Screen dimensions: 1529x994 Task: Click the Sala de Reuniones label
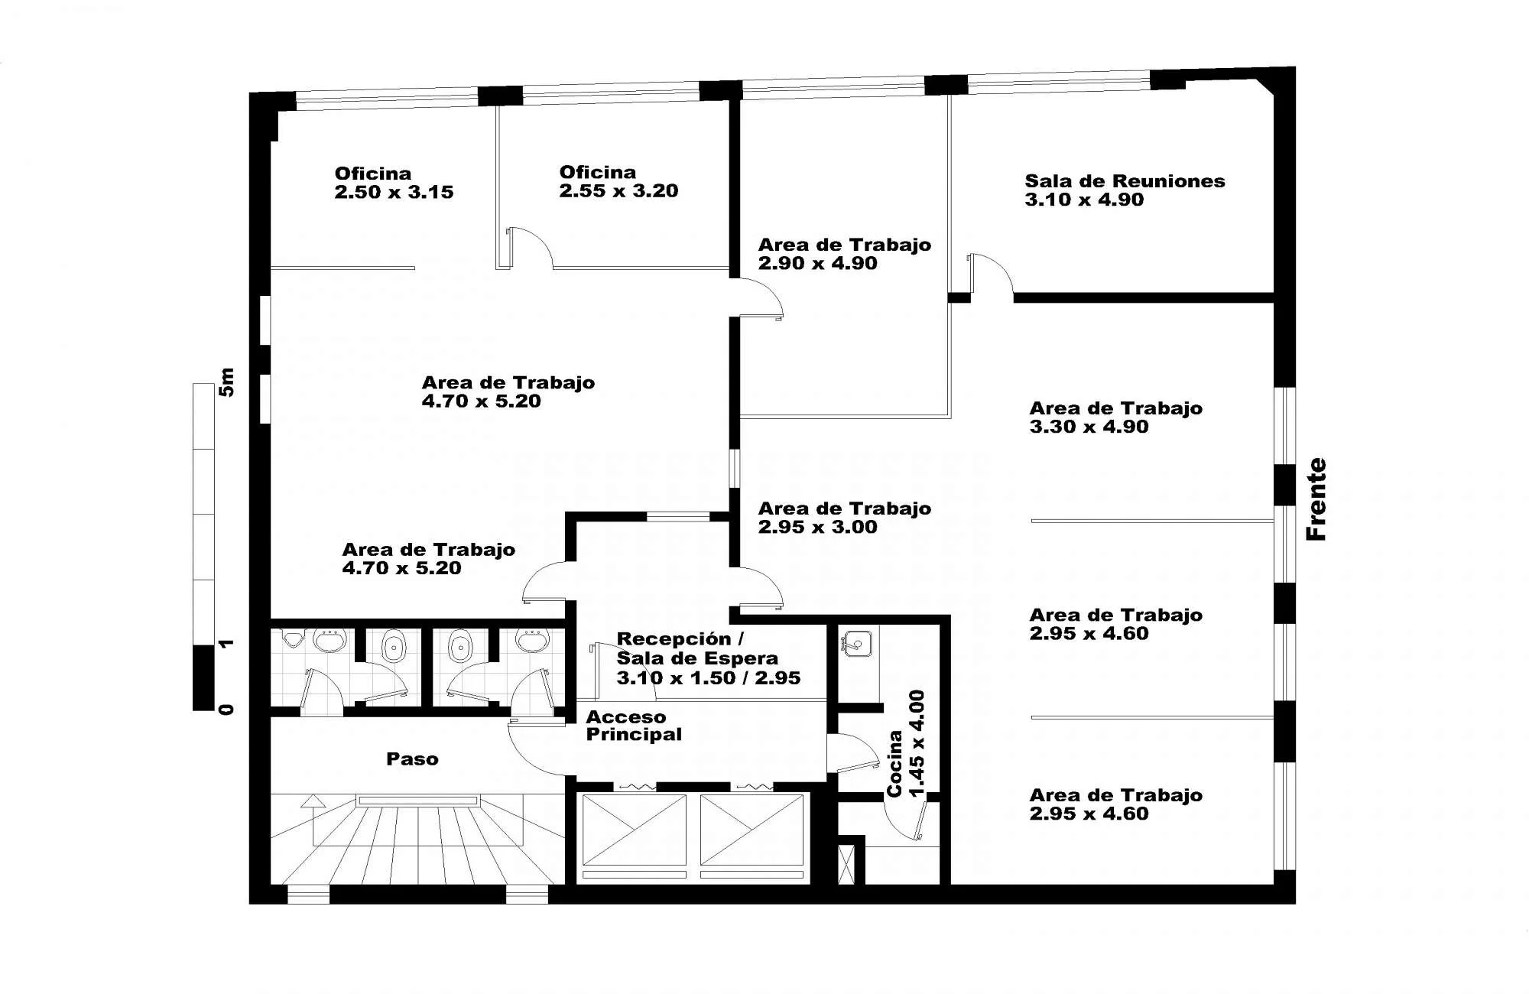(1125, 181)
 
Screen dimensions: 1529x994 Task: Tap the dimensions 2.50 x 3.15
(394, 192)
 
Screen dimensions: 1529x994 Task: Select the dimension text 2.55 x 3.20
(618, 190)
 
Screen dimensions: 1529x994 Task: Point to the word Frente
(1316, 499)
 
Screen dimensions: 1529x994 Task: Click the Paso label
(412, 759)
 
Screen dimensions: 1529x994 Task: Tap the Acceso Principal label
(634, 726)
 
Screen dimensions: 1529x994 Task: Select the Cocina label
(894, 764)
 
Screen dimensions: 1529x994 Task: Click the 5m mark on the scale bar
(226, 382)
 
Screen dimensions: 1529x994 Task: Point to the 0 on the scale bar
(226, 710)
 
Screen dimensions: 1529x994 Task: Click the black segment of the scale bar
(203, 678)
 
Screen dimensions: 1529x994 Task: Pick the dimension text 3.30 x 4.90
(1089, 427)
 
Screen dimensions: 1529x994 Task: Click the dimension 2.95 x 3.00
(817, 527)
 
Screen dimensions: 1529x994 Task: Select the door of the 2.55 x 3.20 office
(530, 247)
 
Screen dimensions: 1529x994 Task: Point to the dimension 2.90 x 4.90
(817, 263)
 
